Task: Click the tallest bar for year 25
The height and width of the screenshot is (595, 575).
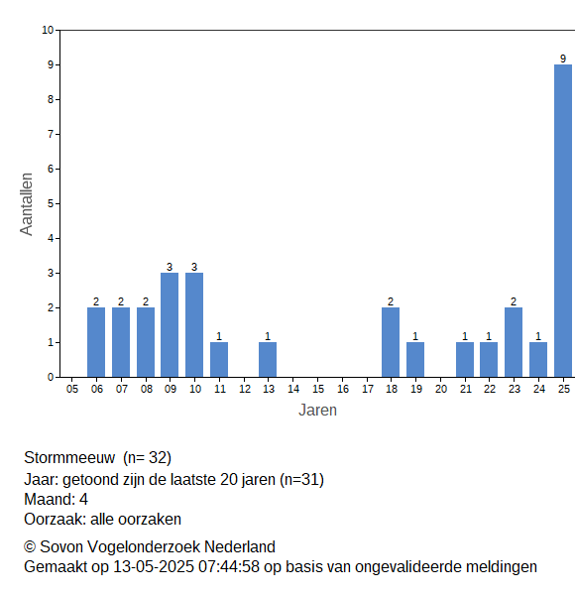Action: coord(563,221)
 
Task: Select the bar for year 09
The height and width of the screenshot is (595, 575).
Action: coord(170,325)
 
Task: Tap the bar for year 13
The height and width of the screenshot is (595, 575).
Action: coord(268,360)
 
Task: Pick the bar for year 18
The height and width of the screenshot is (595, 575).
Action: coord(391,342)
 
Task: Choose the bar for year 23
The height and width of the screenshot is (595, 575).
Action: coord(514,342)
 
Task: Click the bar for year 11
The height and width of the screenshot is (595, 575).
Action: coord(219,360)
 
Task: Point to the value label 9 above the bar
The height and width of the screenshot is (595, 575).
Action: coord(563,59)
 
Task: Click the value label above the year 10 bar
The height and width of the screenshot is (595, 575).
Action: coord(194,267)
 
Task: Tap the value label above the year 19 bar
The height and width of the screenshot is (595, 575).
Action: coord(415,336)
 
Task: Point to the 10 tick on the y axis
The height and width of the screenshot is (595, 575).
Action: coord(48,30)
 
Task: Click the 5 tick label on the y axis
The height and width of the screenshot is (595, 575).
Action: coord(51,203)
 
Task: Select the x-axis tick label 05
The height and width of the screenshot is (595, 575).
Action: coord(72,389)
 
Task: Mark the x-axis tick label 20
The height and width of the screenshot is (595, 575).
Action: coord(441,389)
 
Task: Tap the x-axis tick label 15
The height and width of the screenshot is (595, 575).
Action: coord(318,389)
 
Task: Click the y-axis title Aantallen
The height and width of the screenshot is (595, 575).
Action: coord(27,204)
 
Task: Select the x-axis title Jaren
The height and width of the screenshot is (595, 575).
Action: coord(317,411)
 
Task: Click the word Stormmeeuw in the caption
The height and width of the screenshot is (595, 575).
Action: coord(69,457)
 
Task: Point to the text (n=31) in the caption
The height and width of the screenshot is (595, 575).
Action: coord(302,480)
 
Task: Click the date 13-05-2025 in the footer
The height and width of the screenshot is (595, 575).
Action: coord(154,567)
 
